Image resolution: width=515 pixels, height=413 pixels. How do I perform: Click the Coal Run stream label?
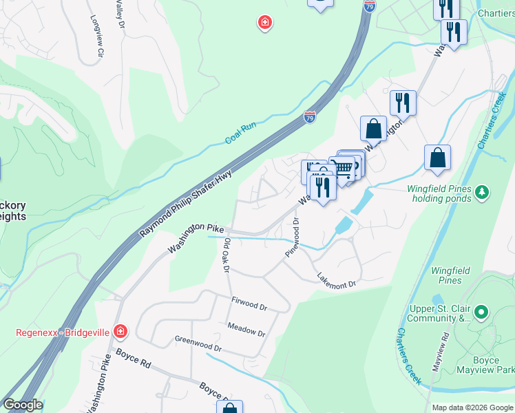241,134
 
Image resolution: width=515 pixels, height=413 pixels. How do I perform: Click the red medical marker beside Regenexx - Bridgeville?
120,332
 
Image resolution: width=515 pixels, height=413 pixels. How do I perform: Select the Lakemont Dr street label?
336,280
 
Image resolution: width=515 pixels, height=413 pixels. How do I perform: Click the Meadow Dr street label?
246,328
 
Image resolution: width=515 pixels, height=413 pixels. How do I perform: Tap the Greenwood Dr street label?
198,343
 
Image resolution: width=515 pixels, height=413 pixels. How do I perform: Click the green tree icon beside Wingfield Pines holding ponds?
483,191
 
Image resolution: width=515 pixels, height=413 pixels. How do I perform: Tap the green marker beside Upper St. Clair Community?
482,313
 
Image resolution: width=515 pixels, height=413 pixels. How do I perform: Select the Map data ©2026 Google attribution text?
472,407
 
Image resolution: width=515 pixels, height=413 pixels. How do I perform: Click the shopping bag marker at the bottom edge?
229,407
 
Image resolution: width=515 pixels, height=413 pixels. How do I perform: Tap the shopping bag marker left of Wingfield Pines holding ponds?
437,158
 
